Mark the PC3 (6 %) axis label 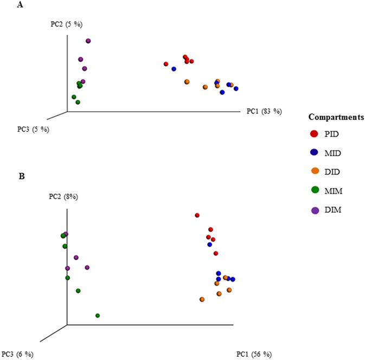[x=17, y=354]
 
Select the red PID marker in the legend [x=314, y=133]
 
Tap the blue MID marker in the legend [x=314, y=152]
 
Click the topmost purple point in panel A [x=88, y=41]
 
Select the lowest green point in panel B [x=98, y=316]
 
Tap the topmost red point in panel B [x=197, y=215]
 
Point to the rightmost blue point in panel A [x=236, y=88]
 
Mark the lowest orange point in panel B [x=202, y=299]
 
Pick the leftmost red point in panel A [x=166, y=64]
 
